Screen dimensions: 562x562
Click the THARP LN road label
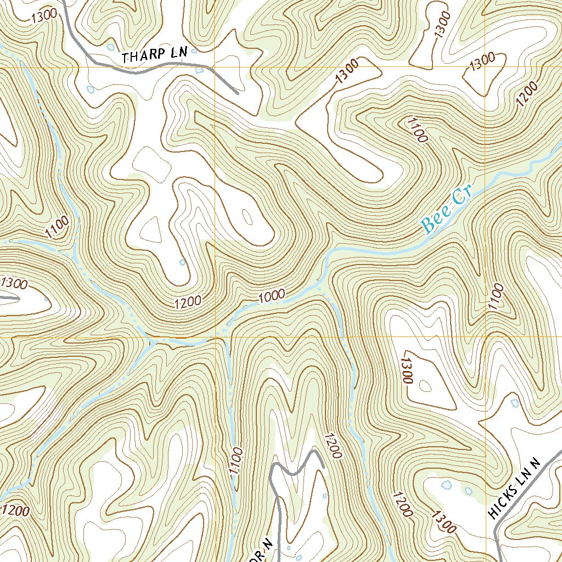coord(155,55)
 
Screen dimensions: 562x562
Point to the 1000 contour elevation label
coord(272,296)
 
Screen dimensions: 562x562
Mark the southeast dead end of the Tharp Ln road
coord(237,93)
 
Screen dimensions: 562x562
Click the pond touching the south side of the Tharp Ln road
coord(199,70)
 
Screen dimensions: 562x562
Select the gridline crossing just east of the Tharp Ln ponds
coord(214,67)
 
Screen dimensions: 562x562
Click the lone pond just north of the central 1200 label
coord(183,262)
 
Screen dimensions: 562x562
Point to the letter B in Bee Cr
coord(428,224)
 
